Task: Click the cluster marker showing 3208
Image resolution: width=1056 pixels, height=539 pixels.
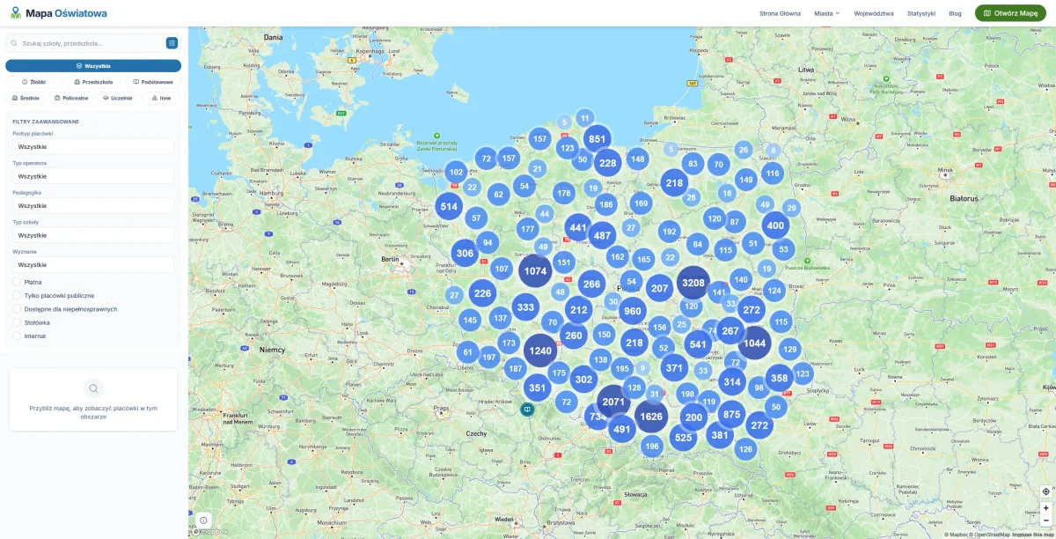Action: pos(693,283)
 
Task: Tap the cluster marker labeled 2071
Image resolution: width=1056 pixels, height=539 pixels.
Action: pos(613,402)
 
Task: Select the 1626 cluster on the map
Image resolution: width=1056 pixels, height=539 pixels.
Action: pos(651,417)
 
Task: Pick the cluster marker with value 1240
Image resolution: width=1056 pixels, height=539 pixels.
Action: pos(540,351)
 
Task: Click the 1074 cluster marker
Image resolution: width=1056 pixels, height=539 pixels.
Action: pos(536,271)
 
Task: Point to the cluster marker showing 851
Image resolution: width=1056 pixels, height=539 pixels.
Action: pos(598,139)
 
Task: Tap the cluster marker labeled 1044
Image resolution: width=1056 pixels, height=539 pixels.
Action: pos(754,343)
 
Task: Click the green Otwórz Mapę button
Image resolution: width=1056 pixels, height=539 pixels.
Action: pos(1010,13)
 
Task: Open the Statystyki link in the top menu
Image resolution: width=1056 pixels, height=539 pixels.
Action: pos(920,13)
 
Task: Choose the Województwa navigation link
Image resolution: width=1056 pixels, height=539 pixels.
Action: pos(874,13)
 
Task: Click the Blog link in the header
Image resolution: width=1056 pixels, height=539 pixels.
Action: pos(955,13)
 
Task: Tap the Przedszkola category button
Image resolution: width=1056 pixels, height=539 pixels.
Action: pos(93,82)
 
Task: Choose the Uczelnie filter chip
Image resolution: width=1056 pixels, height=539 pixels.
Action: pos(118,98)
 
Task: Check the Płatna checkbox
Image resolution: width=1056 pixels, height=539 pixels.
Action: pos(18,282)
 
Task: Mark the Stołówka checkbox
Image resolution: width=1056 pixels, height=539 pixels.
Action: pos(18,322)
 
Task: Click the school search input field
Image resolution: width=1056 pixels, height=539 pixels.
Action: pos(88,42)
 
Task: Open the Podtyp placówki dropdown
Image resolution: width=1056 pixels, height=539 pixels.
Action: pos(93,146)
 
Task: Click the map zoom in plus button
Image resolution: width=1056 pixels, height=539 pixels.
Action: pos(1045,507)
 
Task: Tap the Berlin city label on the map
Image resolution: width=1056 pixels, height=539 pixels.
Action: pos(390,260)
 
